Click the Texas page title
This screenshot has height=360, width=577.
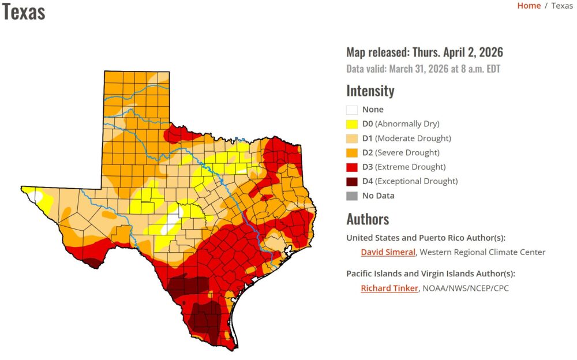coord(24,11)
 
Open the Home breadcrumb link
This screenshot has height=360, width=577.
coord(529,6)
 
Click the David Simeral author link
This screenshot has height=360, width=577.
coord(388,252)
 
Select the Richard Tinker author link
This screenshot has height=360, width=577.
coord(389,288)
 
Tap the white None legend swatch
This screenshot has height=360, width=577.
coord(351,110)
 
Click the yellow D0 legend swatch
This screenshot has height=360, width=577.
coord(351,124)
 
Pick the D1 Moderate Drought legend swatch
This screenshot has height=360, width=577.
coord(351,138)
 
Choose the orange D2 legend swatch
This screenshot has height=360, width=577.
coord(351,153)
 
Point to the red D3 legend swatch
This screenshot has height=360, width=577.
coord(351,167)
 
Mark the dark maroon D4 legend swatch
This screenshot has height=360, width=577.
coord(351,181)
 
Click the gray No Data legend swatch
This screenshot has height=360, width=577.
coord(351,196)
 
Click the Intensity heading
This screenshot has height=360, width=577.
coord(370,91)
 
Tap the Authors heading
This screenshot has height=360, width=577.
coord(368,219)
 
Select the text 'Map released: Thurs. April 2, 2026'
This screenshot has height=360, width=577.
coord(424,52)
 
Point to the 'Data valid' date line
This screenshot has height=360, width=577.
coord(423,69)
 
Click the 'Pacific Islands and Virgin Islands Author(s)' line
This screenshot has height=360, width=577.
coord(430,273)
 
